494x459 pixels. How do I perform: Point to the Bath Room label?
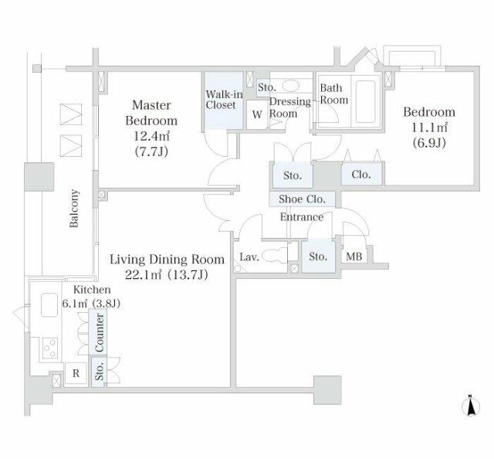[334, 94]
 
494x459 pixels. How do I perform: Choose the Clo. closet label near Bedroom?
[361, 175]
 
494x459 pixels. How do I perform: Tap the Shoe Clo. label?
[303, 199]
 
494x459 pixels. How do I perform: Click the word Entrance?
[302, 217]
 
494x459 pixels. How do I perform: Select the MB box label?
[354, 257]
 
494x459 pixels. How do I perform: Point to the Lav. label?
[249, 257]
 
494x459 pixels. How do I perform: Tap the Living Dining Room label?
[167, 259]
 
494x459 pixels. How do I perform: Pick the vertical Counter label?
[100, 335]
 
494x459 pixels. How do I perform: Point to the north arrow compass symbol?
[470, 405]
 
